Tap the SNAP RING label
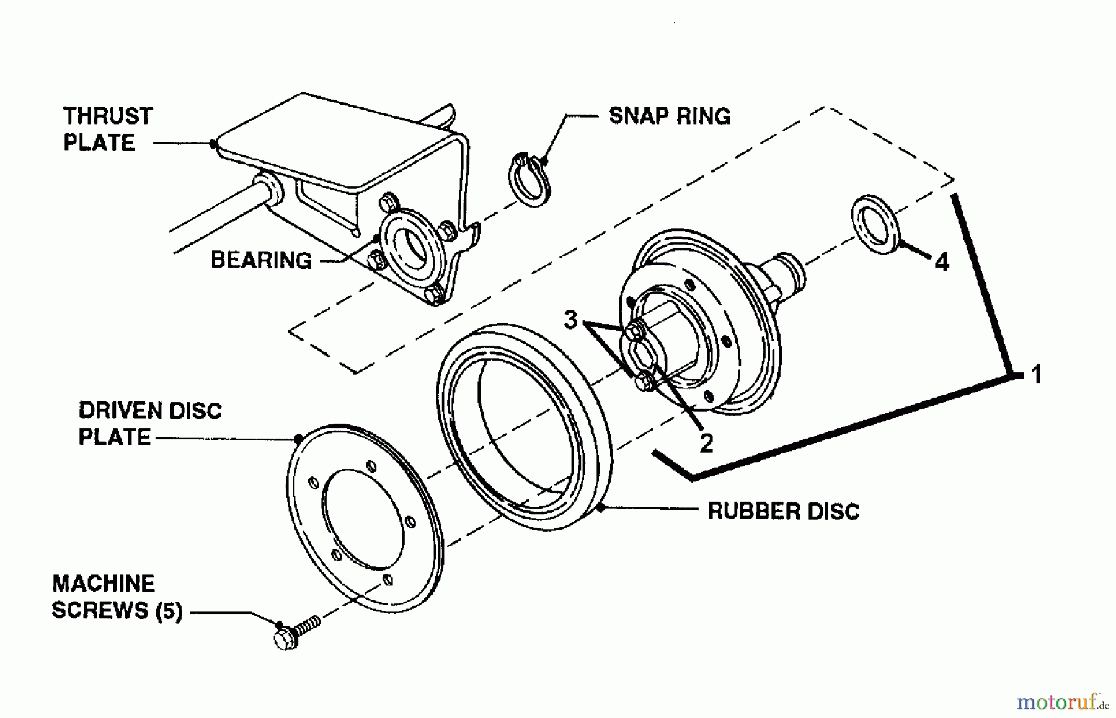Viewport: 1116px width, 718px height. (x=670, y=116)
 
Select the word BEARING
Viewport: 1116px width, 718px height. (x=261, y=260)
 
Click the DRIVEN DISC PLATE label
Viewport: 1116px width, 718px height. (x=149, y=424)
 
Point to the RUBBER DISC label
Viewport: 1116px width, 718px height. (x=784, y=511)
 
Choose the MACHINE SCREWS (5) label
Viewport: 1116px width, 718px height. (x=117, y=597)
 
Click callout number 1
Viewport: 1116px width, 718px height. (x=1036, y=375)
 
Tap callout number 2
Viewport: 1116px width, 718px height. (x=706, y=444)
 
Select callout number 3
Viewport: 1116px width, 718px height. (x=570, y=320)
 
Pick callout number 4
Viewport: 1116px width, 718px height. (x=941, y=263)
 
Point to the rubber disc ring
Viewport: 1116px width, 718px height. (x=524, y=427)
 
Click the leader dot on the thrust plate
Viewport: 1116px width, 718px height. (x=213, y=144)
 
